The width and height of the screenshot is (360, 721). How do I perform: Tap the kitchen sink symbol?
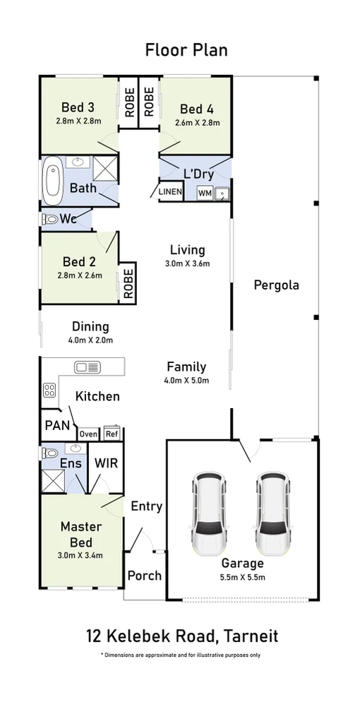click(88, 367)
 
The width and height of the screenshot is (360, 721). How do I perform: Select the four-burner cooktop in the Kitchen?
click(49, 391)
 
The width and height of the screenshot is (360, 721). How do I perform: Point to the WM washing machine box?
click(205, 193)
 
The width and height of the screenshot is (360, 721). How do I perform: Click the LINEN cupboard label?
click(170, 192)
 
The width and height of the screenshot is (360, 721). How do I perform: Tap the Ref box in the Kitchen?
click(112, 433)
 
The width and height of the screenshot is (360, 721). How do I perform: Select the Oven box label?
click(88, 434)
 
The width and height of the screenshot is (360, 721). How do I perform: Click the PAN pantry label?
click(57, 424)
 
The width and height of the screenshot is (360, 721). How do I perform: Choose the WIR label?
click(106, 463)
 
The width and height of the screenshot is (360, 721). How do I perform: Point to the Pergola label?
click(276, 285)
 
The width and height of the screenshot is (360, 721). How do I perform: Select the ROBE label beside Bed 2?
click(128, 284)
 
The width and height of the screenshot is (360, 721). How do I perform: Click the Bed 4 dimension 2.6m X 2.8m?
click(197, 123)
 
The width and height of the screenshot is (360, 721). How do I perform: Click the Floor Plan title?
click(186, 49)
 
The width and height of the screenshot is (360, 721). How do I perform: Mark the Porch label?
click(145, 576)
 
